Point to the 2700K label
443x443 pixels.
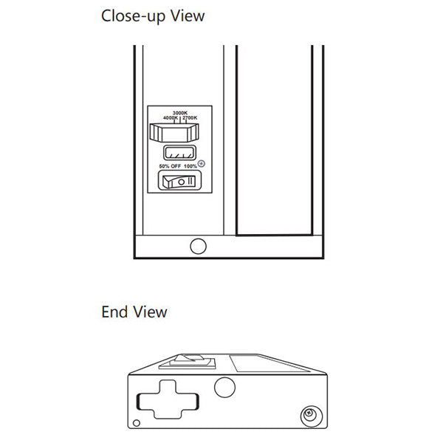[x=189, y=118]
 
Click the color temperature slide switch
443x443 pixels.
[x=175, y=133]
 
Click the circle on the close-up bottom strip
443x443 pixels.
[x=198, y=246]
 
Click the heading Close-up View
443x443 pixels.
[x=153, y=16]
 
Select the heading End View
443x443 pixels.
[x=134, y=312]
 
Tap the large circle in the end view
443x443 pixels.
[x=223, y=387]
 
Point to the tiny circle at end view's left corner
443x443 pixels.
[x=137, y=423]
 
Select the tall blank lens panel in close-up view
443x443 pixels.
[x=273, y=140]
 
